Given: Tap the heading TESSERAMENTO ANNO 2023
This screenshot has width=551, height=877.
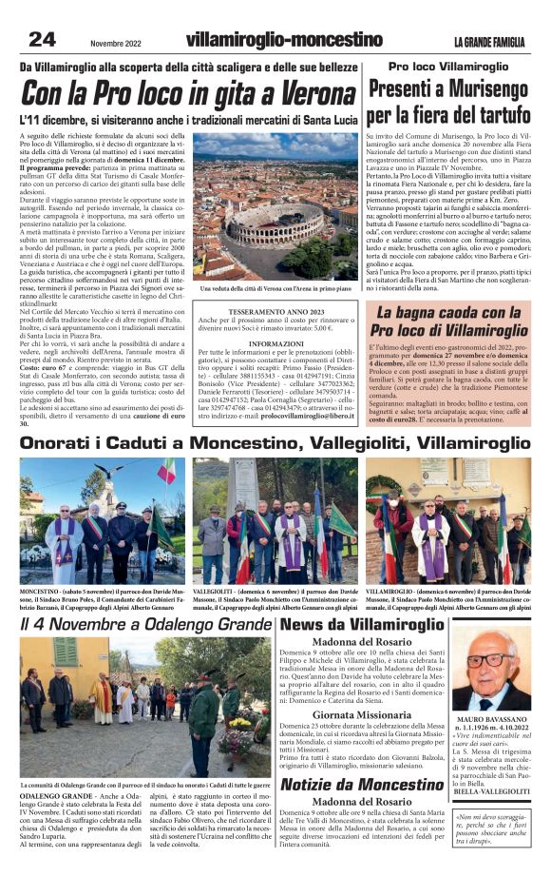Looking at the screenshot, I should pyautogui.click(x=277, y=308).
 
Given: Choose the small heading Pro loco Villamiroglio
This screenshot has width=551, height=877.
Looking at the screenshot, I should pyautogui.click(x=454, y=67).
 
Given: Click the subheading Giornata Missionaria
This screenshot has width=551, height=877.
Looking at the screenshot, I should pyautogui.click(x=362, y=713).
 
